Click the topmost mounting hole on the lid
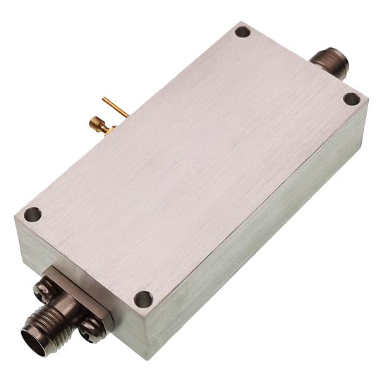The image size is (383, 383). click(x=242, y=32)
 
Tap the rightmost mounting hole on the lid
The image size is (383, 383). click(x=351, y=99)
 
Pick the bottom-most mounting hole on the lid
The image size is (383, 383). click(x=142, y=299)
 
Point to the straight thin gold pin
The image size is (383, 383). click(x=115, y=107)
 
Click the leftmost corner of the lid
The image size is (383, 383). click(x=15, y=216)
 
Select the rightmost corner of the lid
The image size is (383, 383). click(x=367, y=99)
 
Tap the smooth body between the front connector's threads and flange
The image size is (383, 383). click(x=59, y=314)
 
